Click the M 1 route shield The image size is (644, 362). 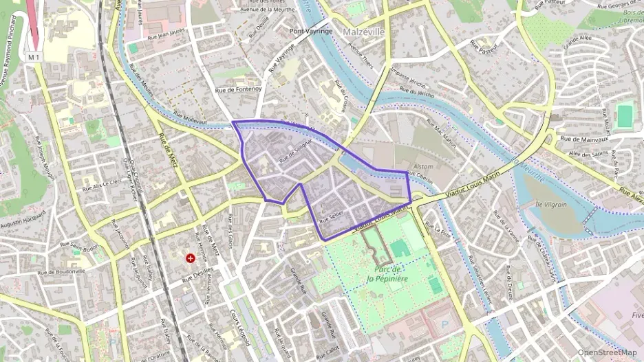(x=34, y=57)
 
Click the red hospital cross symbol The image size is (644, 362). (x=191, y=258)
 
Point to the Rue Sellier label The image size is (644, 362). (x=331, y=215)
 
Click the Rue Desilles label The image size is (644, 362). (x=195, y=276)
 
